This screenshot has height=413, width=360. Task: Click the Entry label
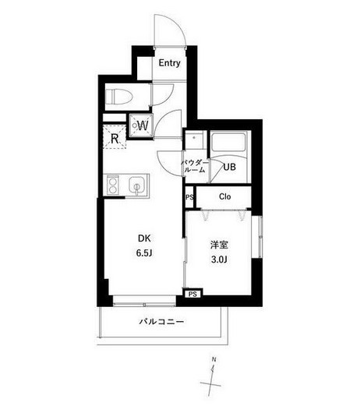tap(170, 63)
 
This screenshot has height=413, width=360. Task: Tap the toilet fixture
tap(118, 97)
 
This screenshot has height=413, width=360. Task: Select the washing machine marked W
tap(140, 125)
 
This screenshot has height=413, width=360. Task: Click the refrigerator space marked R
tap(114, 137)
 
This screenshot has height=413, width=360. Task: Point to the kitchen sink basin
tap(136, 185)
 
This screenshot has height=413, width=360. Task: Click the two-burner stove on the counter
tap(113, 185)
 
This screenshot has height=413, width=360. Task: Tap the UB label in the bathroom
tap(229, 167)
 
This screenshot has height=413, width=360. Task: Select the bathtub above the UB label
tap(229, 143)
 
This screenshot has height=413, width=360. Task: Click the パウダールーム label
tap(194, 166)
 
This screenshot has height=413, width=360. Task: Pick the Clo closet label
tap(225, 196)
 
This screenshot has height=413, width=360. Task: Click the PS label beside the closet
tap(189, 197)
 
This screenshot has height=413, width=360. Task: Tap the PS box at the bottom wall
tap(192, 294)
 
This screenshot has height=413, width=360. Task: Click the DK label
tap(144, 238)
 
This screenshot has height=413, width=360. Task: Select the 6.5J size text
tap(144, 252)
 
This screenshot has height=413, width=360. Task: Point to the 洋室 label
tap(219, 245)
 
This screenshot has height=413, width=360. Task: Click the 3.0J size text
tap(219, 259)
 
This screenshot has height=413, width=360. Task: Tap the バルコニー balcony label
tap(161, 322)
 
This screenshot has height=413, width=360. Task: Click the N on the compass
tap(214, 359)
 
